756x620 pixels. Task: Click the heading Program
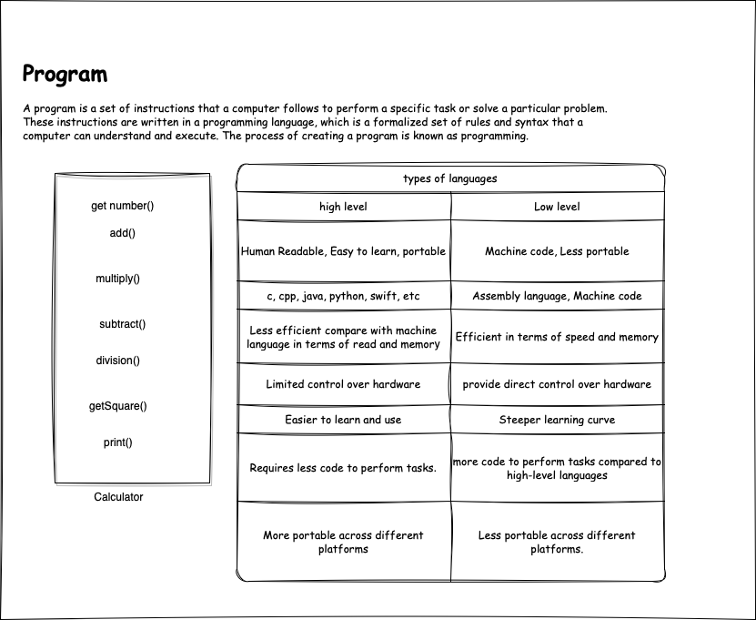65,75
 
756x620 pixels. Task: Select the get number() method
122,206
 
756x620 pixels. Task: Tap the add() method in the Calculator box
122,233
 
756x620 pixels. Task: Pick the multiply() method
118,279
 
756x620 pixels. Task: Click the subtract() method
122,324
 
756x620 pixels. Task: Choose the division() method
118,361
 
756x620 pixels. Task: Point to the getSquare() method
117,406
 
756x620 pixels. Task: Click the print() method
117,442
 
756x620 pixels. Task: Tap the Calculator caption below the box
118,497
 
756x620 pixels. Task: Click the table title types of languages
449,178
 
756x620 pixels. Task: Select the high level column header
343,207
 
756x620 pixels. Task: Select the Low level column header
557,207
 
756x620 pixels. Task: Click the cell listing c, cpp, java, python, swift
343,296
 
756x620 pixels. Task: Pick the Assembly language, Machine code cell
557,296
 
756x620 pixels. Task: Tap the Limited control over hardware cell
343,384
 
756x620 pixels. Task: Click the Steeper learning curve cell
557,420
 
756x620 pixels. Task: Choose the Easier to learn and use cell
343,420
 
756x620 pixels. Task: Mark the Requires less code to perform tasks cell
343,468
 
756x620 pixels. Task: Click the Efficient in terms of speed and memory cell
557,337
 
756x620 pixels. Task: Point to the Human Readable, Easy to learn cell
343,251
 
